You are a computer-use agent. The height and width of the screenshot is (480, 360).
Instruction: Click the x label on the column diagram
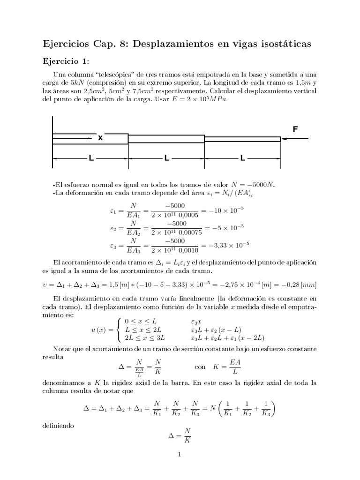100,138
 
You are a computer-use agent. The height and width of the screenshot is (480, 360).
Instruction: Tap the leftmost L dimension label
91,158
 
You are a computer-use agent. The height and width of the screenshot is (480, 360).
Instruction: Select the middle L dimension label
166,158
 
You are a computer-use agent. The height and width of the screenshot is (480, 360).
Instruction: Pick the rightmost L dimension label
242,158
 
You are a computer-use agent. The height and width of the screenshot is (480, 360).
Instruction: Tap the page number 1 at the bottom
180,454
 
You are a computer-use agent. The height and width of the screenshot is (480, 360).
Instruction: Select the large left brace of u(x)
119,329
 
